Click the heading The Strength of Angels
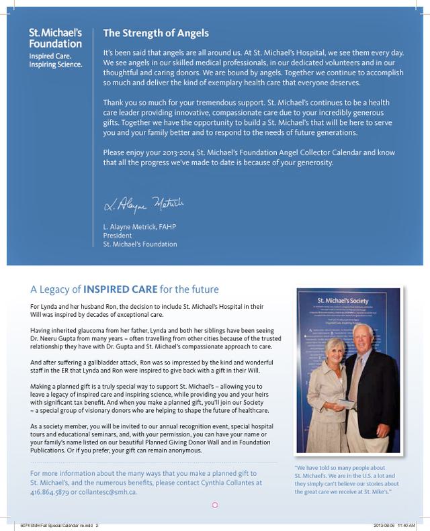coord(146,33)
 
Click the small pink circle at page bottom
coord(215,503)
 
